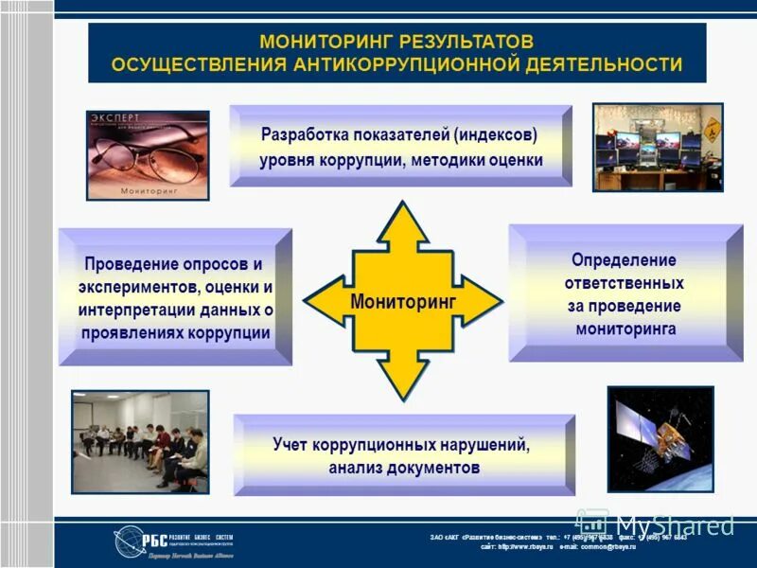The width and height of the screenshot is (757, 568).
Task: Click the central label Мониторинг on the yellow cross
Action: pyautogui.click(x=403, y=301)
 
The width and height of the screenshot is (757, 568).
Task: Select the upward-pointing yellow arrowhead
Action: pyautogui.click(x=403, y=222)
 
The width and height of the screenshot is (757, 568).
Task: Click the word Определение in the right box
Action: pyautogui.click(x=624, y=259)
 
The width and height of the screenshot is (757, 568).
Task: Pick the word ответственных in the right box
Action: pyautogui.click(x=624, y=282)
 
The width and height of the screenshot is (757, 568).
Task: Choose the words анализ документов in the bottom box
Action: pyautogui.click(x=404, y=468)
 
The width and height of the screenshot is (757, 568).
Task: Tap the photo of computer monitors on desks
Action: pyautogui.click(x=658, y=148)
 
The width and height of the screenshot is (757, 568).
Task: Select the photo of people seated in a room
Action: pyautogui.click(x=140, y=441)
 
